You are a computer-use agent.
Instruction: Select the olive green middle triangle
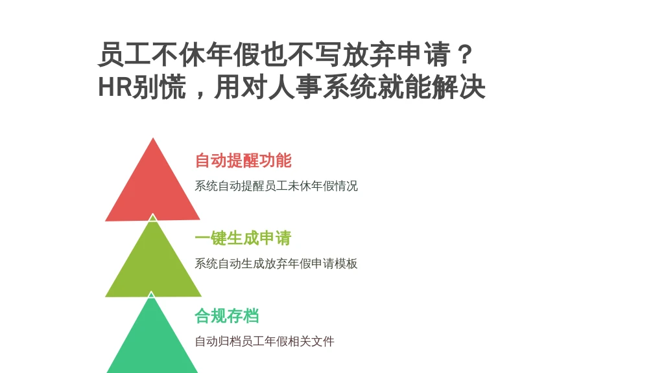click(153, 264)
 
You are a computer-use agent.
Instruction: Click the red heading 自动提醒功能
click(243, 161)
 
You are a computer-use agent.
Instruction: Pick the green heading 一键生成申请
click(243, 238)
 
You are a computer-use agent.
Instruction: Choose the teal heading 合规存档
click(227, 316)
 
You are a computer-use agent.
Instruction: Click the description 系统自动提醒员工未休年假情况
click(276, 186)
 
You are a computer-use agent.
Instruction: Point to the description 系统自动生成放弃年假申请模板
click(276, 264)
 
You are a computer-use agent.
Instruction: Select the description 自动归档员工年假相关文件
click(265, 341)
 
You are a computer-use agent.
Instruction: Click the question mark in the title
click(465, 54)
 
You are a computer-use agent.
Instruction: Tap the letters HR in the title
click(114, 87)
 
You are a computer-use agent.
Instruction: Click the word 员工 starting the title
click(124, 54)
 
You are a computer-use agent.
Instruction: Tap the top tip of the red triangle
click(153, 138)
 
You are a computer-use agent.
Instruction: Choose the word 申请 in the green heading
click(276, 238)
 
